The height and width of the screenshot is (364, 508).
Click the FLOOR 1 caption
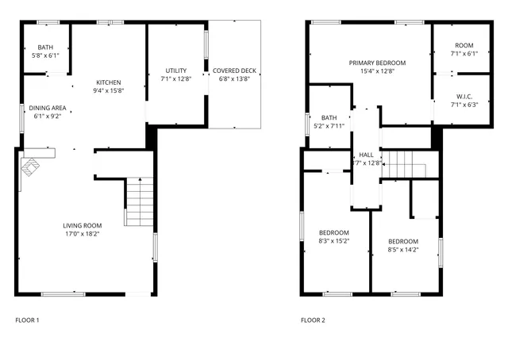(x=27, y=320)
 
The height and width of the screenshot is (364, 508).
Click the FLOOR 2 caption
(x=313, y=320)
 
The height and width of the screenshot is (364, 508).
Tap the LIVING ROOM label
(x=83, y=224)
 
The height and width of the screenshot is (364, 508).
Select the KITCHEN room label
(x=110, y=82)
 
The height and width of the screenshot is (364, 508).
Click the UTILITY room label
(x=175, y=71)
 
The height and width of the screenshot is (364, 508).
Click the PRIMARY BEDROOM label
(x=377, y=63)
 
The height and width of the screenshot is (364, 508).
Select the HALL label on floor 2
(x=366, y=155)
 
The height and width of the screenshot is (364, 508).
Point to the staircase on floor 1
(x=139, y=203)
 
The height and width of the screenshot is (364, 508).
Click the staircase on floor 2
(x=410, y=164)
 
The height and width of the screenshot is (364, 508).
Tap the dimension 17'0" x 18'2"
(x=83, y=233)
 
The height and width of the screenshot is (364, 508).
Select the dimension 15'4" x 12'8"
(x=377, y=71)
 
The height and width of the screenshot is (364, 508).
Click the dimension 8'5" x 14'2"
(x=403, y=250)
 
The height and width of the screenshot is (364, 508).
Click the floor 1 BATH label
(x=44, y=47)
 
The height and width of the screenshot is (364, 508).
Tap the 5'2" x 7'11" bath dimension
(x=329, y=126)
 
